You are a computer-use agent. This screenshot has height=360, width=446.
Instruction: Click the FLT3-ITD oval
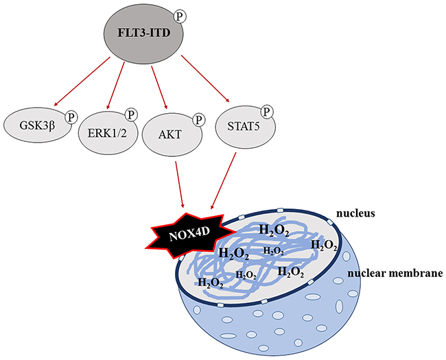tap(143, 33)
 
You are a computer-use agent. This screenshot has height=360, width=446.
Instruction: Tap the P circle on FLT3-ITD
tap(180, 16)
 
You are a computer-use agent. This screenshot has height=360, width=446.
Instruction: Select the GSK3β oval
tap(38, 125)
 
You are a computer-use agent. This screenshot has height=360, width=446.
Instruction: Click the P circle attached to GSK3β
tap(71, 117)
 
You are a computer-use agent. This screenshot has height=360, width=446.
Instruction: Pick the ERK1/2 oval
tap(108, 133)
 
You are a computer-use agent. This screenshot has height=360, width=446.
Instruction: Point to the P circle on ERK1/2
tap(131, 115)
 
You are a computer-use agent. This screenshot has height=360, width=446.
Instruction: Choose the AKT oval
tap(172, 134)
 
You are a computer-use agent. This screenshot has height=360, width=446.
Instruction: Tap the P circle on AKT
tap(198, 120)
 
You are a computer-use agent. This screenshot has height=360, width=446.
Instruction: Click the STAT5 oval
tap(245, 127)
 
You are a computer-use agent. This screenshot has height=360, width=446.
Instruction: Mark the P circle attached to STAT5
tap(266, 112)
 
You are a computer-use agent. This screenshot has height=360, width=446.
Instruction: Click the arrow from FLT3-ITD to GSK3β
tap(82, 81)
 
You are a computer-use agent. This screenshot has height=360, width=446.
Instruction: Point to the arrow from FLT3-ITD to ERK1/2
tap(116, 85)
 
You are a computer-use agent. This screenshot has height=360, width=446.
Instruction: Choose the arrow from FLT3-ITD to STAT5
tap(205, 78)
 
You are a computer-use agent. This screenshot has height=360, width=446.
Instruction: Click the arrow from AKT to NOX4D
tap(180, 184)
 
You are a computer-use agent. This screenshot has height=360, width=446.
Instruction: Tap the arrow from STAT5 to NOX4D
tap(223, 181)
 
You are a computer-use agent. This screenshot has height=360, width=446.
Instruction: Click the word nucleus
tap(355, 213)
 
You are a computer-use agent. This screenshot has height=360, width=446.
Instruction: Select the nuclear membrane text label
tap(395, 274)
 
